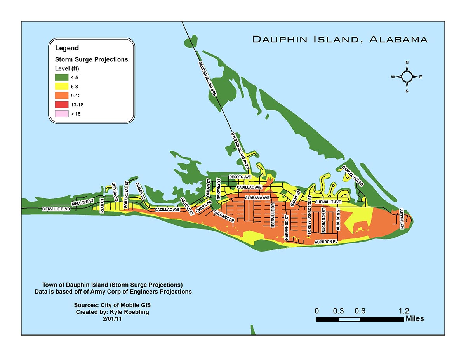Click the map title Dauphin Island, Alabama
pos(340,39)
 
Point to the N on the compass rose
pos(407,63)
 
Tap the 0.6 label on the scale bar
pos(360,311)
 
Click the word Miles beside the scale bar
pos(414,319)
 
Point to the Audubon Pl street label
pos(327,242)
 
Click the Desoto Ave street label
pos(238,177)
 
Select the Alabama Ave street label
pos(257,198)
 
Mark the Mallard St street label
pos(83,202)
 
